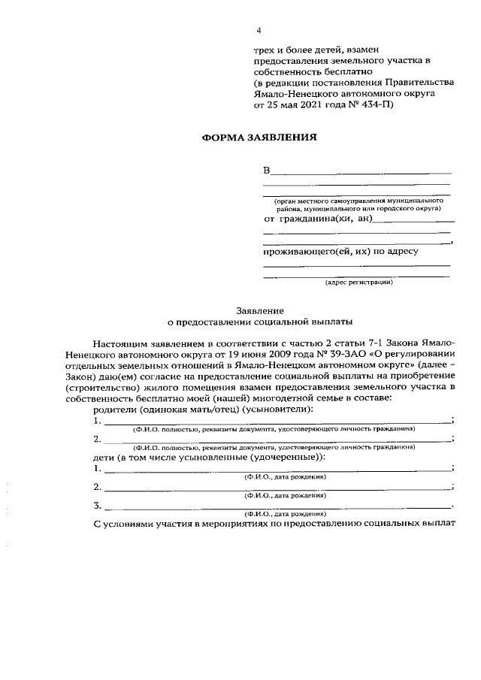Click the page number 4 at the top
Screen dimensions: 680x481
tap(259, 30)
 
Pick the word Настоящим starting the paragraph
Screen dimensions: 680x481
tap(117, 340)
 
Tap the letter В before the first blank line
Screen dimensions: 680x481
tap(267, 171)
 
